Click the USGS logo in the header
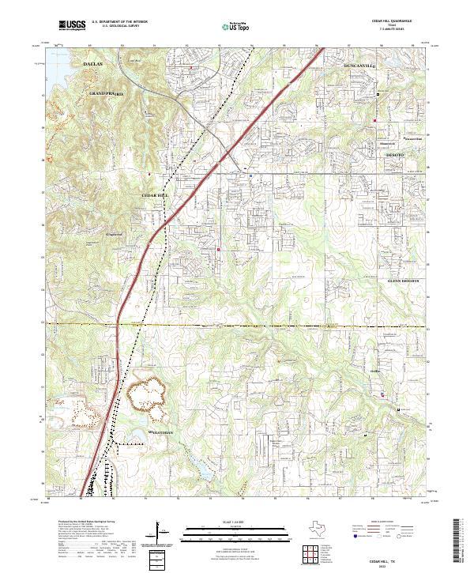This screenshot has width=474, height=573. click(72, 26)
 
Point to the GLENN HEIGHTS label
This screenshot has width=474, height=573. click(406, 281)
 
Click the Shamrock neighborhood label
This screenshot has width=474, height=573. click(386, 143)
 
